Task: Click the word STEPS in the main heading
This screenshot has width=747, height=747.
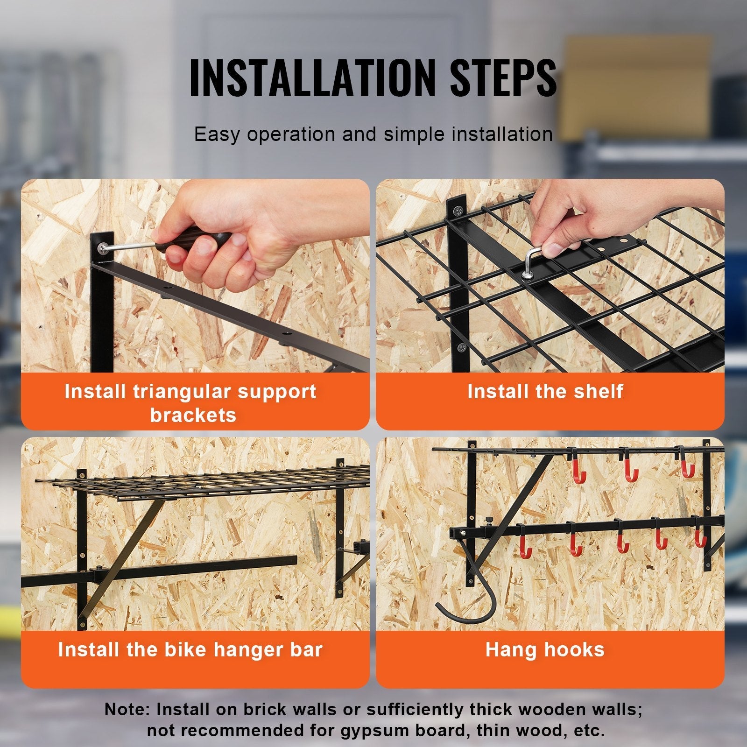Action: (503, 78)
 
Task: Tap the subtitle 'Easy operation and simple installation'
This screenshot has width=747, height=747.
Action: (373, 134)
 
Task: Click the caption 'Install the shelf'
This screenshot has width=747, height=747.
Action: (545, 391)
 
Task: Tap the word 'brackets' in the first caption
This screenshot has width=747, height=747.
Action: (193, 415)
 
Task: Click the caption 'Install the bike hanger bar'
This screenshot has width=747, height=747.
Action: (190, 650)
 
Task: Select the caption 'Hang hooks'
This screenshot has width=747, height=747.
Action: (545, 650)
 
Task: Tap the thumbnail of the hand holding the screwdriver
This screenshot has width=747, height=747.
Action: (195, 275)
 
